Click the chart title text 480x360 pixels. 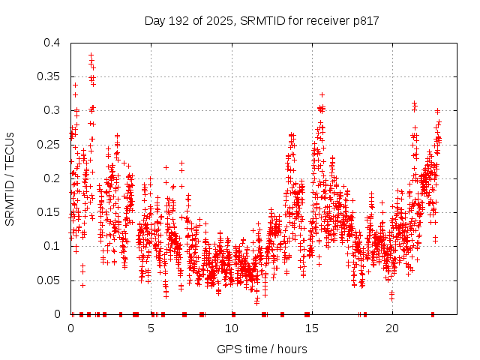pos(262,20)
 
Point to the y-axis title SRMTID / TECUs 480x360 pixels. pos(10,178)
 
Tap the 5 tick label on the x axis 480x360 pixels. pos(151,328)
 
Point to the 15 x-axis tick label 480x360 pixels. pos(311,328)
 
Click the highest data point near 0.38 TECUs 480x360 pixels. pos(91,55)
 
